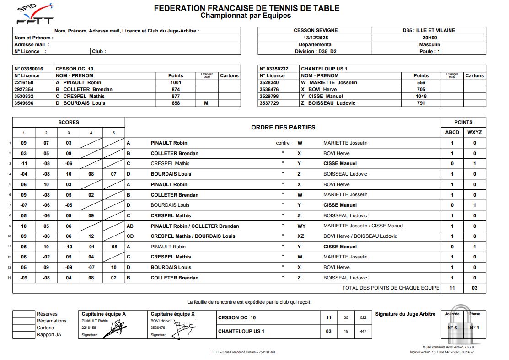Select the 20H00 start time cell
429,38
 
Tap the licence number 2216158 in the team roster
23,82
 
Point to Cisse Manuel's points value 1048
421,96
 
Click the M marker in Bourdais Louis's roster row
206,103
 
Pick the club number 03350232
274,69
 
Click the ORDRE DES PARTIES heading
283,127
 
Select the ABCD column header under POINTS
452,133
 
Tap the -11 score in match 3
23,163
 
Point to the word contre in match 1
283,143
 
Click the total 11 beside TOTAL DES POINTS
452,288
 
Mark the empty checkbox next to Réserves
23,314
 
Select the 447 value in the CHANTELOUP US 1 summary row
363,331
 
